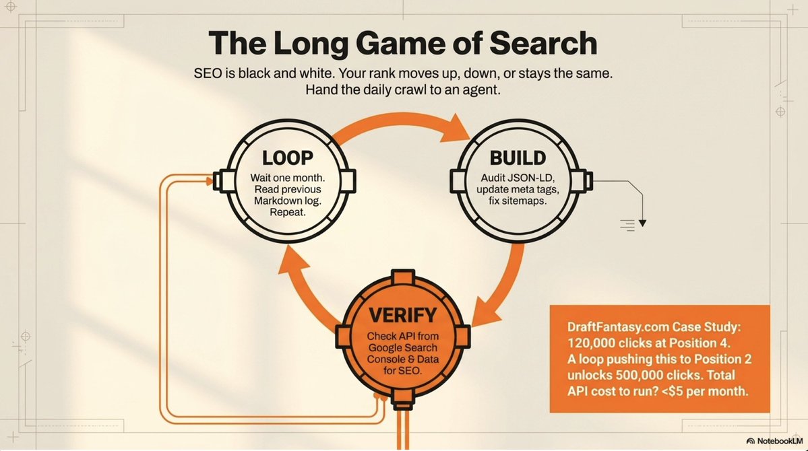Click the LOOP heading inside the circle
pyautogui.click(x=288, y=158)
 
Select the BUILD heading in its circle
pyautogui.click(x=518, y=158)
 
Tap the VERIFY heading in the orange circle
pyautogui.click(x=403, y=314)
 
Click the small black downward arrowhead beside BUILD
pyautogui.click(x=642, y=223)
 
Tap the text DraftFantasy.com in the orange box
pyautogui.click(x=608, y=327)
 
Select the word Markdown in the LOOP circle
pyautogui.click(x=277, y=201)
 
